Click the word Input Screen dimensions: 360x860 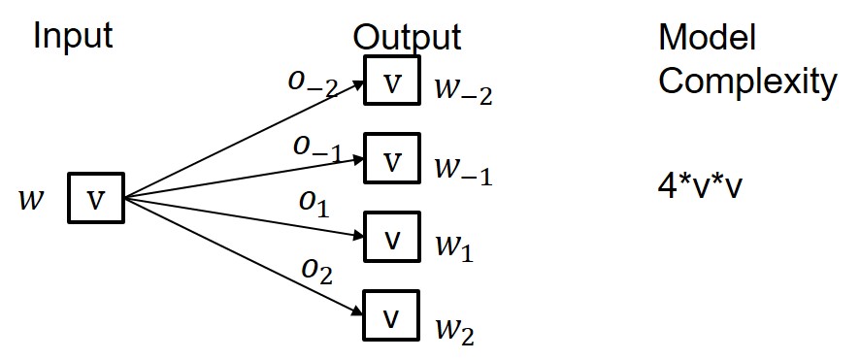click(x=73, y=36)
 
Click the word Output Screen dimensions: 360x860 click(x=407, y=37)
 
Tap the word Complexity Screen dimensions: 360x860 click(x=746, y=82)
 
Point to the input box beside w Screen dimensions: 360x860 click(x=96, y=199)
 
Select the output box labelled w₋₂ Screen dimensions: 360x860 click(x=392, y=81)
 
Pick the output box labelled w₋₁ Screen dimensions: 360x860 click(x=392, y=159)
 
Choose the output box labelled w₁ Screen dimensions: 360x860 click(x=392, y=238)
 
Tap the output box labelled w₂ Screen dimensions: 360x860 click(x=392, y=316)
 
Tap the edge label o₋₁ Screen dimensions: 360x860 click(x=315, y=147)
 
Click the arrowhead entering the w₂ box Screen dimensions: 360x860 click(x=357, y=312)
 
